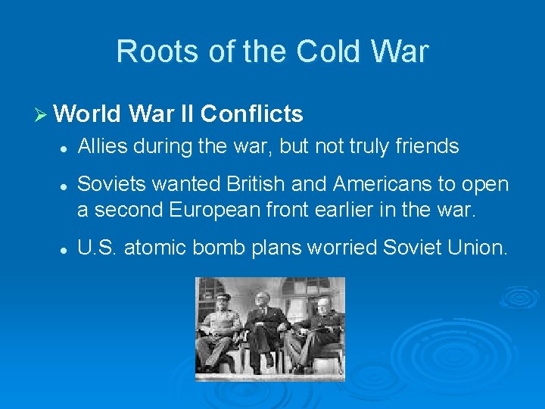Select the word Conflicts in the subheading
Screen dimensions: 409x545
(252, 114)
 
